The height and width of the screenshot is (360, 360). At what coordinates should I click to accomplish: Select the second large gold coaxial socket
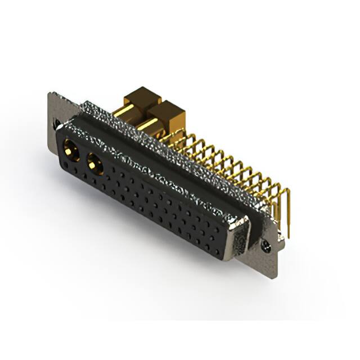[x=94, y=165]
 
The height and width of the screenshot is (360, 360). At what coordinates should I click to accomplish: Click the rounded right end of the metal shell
[x=242, y=236]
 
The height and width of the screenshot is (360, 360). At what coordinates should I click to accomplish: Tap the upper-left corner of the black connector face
[x=61, y=129]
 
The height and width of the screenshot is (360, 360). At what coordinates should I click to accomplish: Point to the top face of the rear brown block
[x=142, y=93]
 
